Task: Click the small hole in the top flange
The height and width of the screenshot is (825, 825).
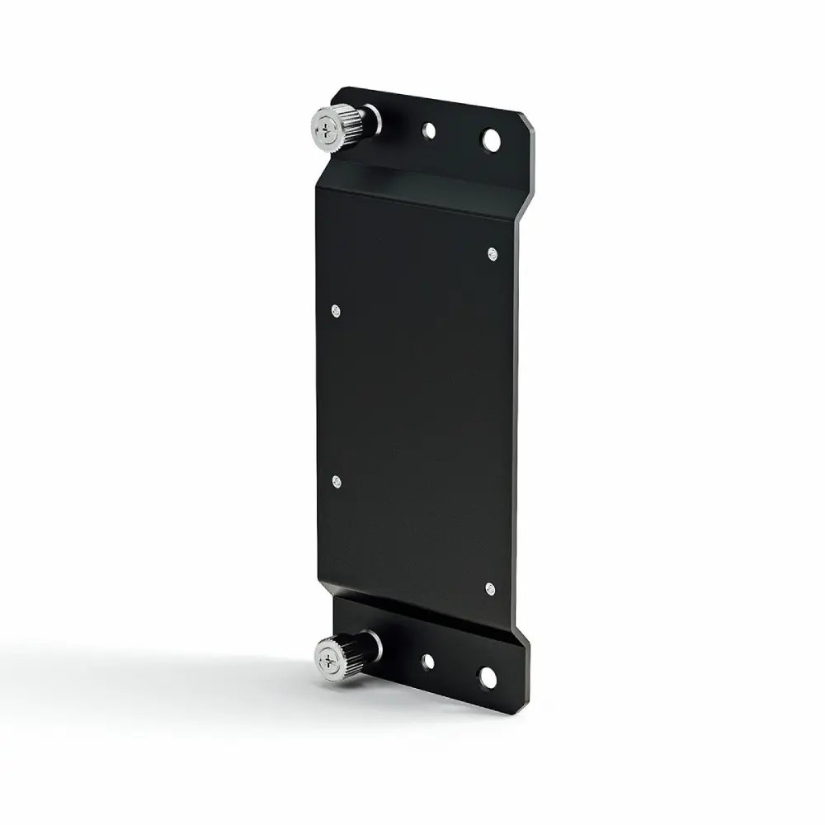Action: coord(428,130)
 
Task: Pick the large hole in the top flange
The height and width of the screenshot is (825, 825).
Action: coord(491,139)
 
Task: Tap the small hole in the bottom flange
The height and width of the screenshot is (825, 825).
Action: coord(427,661)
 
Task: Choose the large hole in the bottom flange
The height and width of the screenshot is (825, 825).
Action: coord(488,677)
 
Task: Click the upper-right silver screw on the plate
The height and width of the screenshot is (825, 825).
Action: coord(493,253)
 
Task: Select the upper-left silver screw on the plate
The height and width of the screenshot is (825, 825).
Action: coord(335,310)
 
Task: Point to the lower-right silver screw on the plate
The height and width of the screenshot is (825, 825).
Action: coord(490,588)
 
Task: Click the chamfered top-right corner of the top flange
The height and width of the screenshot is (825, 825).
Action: coord(528,122)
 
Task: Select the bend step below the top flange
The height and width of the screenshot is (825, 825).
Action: coord(421,177)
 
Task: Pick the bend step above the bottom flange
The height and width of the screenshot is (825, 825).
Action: coord(421,610)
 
